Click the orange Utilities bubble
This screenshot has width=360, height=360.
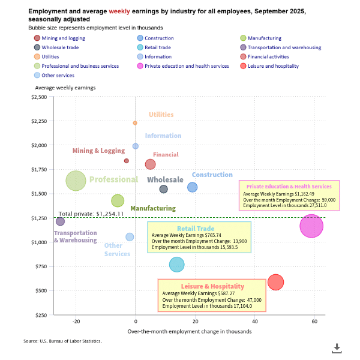click(x=135, y=123)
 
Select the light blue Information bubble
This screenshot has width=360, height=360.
click(x=136, y=146)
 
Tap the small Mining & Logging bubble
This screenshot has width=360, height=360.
click(x=127, y=161)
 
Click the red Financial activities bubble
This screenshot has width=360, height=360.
click(x=151, y=164)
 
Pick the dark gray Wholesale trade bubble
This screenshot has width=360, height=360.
click(x=163, y=190)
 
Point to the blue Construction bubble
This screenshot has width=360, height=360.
click(x=192, y=187)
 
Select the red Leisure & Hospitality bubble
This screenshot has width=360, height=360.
click(x=276, y=282)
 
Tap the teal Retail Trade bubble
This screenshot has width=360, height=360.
click(x=177, y=265)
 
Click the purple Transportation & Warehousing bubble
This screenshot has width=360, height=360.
click(x=60, y=221)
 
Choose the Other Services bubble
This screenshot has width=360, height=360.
click(x=130, y=237)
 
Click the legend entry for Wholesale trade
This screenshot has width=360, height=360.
click(x=61, y=47)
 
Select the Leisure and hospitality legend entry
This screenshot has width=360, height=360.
click(x=274, y=66)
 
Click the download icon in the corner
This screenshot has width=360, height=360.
click(x=337, y=347)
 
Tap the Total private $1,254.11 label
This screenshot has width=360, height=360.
click(x=91, y=214)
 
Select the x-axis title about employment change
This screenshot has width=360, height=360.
click(x=189, y=332)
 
